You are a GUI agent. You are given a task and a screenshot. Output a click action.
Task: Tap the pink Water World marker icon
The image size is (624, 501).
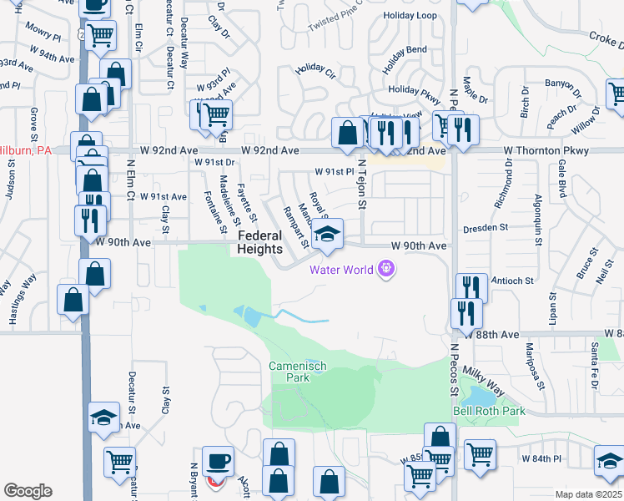click(x=385, y=269)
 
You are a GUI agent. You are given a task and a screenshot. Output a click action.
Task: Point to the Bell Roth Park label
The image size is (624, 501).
click(x=489, y=411)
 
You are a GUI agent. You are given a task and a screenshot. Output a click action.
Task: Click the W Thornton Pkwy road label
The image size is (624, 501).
click(x=546, y=150)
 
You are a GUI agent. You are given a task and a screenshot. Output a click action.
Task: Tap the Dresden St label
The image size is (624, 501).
click(x=486, y=227)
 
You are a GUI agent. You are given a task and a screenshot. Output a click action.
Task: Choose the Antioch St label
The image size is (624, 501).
click(x=512, y=281)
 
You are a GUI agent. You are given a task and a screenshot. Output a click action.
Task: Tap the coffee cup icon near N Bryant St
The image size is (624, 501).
click(x=219, y=461)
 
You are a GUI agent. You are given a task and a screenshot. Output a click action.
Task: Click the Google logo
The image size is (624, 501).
click(x=28, y=491)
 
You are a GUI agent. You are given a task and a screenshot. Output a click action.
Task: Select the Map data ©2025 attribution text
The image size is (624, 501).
click(x=588, y=494)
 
